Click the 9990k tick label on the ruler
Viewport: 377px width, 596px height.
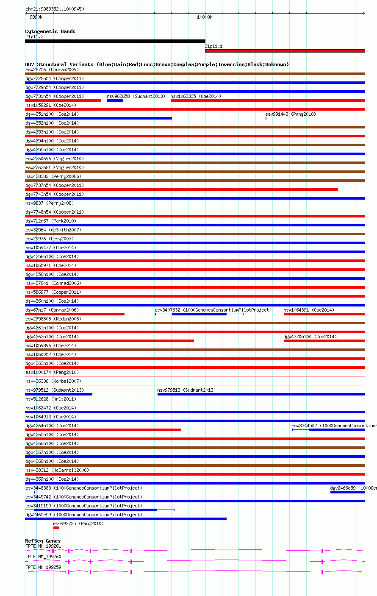[x=36, y=17]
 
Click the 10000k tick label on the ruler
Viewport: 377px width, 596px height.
[x=205, y=17]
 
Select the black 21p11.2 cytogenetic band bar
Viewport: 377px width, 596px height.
[x=115, y=41]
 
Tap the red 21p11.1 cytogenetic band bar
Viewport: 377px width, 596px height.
[x=285, y=51]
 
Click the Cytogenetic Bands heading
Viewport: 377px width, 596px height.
[x=50, y=31]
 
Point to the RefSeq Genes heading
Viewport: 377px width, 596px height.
[x=43, y=541]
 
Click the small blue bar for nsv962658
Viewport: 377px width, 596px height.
[x=115, y=100]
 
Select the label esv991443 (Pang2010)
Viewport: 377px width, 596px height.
[x=291, y=114]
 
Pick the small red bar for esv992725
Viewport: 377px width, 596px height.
[x=56, y=528]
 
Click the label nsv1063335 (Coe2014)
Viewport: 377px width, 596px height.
[x=196, y=96]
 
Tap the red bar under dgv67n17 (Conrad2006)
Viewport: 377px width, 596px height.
[x=75, y=314]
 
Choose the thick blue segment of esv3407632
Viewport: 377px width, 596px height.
[x=199, y=314]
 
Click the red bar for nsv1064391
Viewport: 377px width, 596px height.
[x=324, y=314]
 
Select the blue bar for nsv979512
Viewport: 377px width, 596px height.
[x=58, y=394]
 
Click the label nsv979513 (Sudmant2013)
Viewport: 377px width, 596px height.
[x=186, y=390]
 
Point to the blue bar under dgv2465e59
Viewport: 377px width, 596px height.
[x=126, y=519]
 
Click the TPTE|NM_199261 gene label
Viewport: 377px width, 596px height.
[x=43, y=546]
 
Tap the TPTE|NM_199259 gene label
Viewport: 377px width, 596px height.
[x=43, y=567]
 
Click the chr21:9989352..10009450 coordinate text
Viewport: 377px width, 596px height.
[x=55, y=9]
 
